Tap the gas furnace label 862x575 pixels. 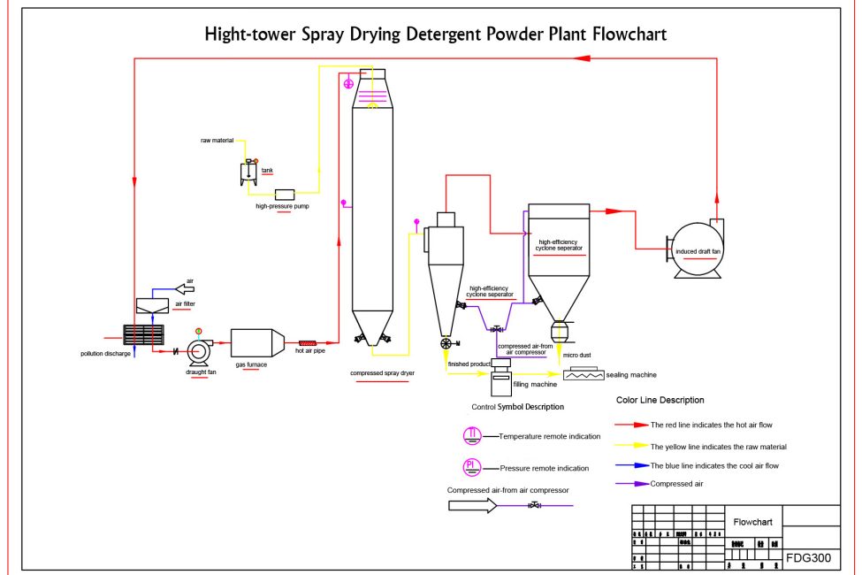pos(251,364)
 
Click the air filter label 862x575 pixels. pos(185,303)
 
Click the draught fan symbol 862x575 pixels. pos(199,351)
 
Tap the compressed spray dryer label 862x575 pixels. pos(382,373)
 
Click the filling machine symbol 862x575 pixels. pos(500,379)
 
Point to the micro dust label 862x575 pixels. pos(576,355)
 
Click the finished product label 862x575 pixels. pos(469,364)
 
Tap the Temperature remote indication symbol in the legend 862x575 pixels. pos(473,435)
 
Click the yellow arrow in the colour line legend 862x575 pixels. pos(635,446)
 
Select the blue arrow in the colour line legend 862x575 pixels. pos(635,464)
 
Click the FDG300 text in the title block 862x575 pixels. pos(808,557)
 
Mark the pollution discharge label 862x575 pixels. pos(105,354)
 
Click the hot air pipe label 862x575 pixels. pos(310,351)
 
